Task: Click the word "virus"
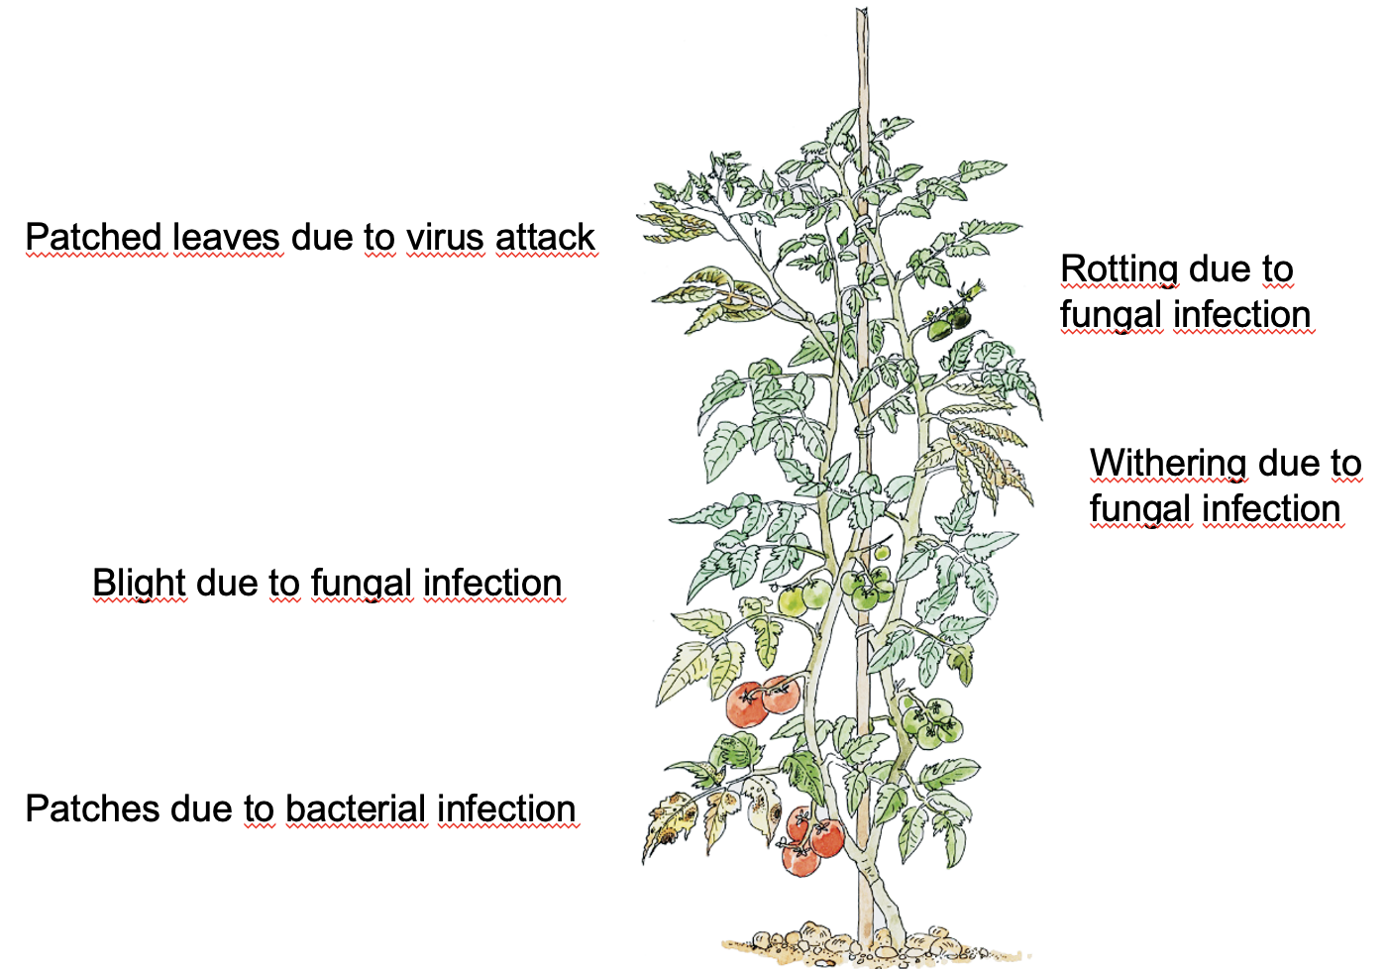coord(445,238)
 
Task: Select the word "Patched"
coord(93,238)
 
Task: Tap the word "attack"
coord(545,238)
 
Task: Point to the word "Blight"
coord(139,584)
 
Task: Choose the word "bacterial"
coord(356,808)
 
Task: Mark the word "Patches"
coord(92,808)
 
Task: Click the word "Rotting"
coord(1119,269)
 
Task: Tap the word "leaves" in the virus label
coord(227,238)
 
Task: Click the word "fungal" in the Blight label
coord(362,584)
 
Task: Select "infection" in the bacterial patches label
coord(506,808)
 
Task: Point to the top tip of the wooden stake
coord(862,14)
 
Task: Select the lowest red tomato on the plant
coord(800,858)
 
